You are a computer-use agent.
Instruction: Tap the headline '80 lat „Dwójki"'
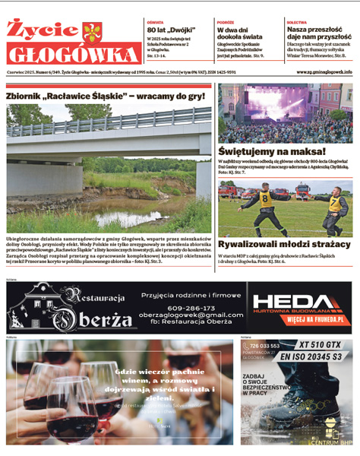click(x=166, y=30)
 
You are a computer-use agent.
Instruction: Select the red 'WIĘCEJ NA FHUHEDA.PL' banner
click(x=304, y=320)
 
